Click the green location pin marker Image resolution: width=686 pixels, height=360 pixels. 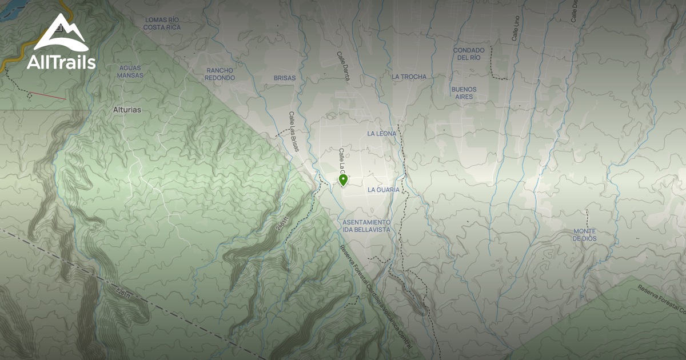click(343, 180)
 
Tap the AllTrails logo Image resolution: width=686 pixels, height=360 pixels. click(61, 43)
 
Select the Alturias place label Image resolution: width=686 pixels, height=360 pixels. click(127, 109)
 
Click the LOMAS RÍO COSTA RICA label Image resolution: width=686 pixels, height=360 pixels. click(162, 23)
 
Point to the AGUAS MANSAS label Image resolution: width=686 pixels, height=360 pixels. click(130, 71)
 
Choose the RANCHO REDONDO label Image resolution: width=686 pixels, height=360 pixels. click(220, 74)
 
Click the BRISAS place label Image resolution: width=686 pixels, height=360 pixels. click(285, 78)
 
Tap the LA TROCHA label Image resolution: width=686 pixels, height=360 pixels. click(409, 77)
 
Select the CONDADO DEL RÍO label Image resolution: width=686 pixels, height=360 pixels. click(469, 54)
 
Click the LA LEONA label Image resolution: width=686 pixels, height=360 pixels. click(382, 133)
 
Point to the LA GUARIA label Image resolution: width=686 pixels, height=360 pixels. click(384, 189)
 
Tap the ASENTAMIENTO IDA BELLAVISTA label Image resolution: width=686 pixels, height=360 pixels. click(366, 225)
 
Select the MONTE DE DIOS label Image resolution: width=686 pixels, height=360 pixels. click(585, 234)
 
